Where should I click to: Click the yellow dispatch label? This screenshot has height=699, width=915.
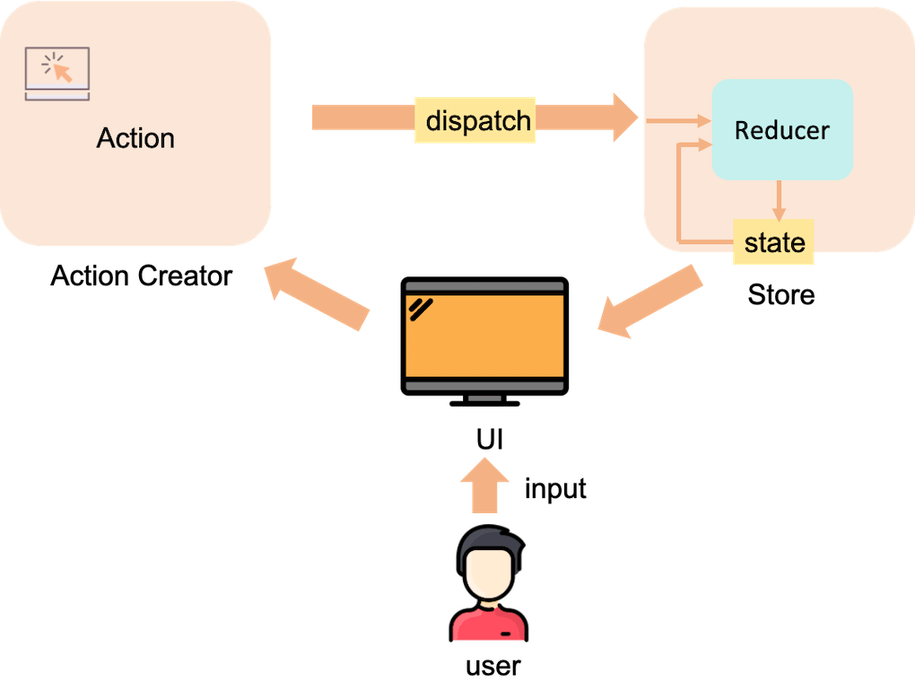475,120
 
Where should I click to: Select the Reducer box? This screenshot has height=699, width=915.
782,129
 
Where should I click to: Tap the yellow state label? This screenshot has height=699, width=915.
773,242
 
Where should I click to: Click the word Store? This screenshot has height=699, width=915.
780,294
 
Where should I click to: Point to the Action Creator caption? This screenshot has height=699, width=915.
141,276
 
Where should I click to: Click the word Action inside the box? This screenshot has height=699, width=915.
135,138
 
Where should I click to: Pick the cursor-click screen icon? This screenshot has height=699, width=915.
57,74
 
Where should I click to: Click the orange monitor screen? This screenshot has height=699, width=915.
484,335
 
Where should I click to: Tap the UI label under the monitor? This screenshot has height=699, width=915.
489,440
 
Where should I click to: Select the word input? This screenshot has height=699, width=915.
555,489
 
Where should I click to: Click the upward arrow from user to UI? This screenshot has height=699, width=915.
484,485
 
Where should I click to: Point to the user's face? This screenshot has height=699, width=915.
490,574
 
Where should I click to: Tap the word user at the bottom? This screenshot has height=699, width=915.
493,667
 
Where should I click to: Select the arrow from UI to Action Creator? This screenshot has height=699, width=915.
317,294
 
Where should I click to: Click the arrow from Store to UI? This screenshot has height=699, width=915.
650,301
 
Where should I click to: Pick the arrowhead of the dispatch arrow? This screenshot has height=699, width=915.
625,118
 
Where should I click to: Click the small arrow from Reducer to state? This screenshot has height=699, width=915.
779,201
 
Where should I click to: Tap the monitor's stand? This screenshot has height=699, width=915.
484,400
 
